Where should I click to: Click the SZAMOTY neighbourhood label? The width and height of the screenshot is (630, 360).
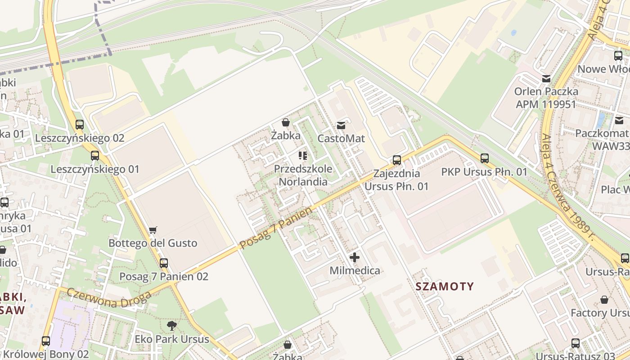tap(445, 287)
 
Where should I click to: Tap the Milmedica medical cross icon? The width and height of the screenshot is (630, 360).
tap(355, 257)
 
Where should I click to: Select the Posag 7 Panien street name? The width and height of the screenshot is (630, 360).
tap(275, 228)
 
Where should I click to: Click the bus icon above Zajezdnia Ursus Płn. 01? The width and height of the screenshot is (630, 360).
tap(396, 160)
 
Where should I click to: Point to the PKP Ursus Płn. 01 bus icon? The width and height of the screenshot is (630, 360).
tap(484, 158)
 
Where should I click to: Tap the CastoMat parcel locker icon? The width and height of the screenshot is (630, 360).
tap(341, 125)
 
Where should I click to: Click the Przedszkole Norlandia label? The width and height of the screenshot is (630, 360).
tap(303, 175)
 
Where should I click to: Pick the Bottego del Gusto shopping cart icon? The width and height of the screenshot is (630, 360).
tap(153, 230)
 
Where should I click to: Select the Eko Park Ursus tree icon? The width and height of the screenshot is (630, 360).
tap(171, 325)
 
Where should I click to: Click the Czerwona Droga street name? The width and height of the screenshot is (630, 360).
tap(109, 299)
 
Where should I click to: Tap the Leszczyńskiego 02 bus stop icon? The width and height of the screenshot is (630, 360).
tap(80, 124)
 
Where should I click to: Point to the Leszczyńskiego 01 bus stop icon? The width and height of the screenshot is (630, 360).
tap(95, 156)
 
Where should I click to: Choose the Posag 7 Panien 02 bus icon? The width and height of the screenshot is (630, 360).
tap(164, 263)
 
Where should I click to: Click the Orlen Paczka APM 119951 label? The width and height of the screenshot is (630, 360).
tap(546, 98)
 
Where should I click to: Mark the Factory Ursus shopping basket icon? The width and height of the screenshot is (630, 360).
tap(604, 299)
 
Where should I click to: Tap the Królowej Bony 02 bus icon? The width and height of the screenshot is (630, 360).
tap(46, 341)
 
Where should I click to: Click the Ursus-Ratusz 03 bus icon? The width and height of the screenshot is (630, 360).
tap(575, 343)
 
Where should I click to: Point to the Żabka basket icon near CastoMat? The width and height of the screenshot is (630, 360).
tap(285, 122)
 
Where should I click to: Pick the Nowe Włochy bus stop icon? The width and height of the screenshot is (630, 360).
tap(618, 56)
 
